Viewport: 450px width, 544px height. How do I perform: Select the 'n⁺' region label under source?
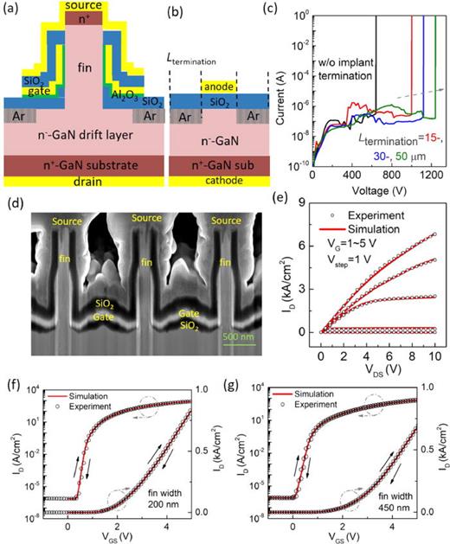coord(80,17)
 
